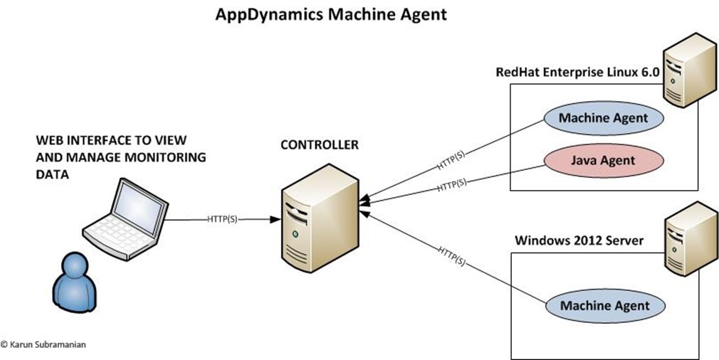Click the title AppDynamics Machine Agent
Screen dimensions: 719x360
(x=330, y=14)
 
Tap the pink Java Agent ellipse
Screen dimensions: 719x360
(x=603, y=160)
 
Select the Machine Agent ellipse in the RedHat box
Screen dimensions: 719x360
(x=604, y=117)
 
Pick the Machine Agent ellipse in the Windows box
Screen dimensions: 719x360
(x=605, y=305)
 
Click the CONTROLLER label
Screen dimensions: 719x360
(x=320, y=145)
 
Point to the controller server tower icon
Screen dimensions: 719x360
(x=320, y=218)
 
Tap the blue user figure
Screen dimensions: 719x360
(x=74, y=282)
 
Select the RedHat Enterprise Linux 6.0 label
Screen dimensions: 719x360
(x=578, y=73)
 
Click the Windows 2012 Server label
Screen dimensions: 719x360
(x=579, y=240)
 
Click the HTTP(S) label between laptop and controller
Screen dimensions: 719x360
(x=222, y=219)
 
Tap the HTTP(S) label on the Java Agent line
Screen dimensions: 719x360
(x=451, y=184)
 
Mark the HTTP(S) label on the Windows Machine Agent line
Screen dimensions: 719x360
(x=451, y=256)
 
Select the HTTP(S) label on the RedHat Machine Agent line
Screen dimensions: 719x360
(x=451, y=160)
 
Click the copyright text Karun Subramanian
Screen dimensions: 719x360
(x=43, y=344)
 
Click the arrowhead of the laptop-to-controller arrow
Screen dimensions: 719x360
(x=275, y=219)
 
